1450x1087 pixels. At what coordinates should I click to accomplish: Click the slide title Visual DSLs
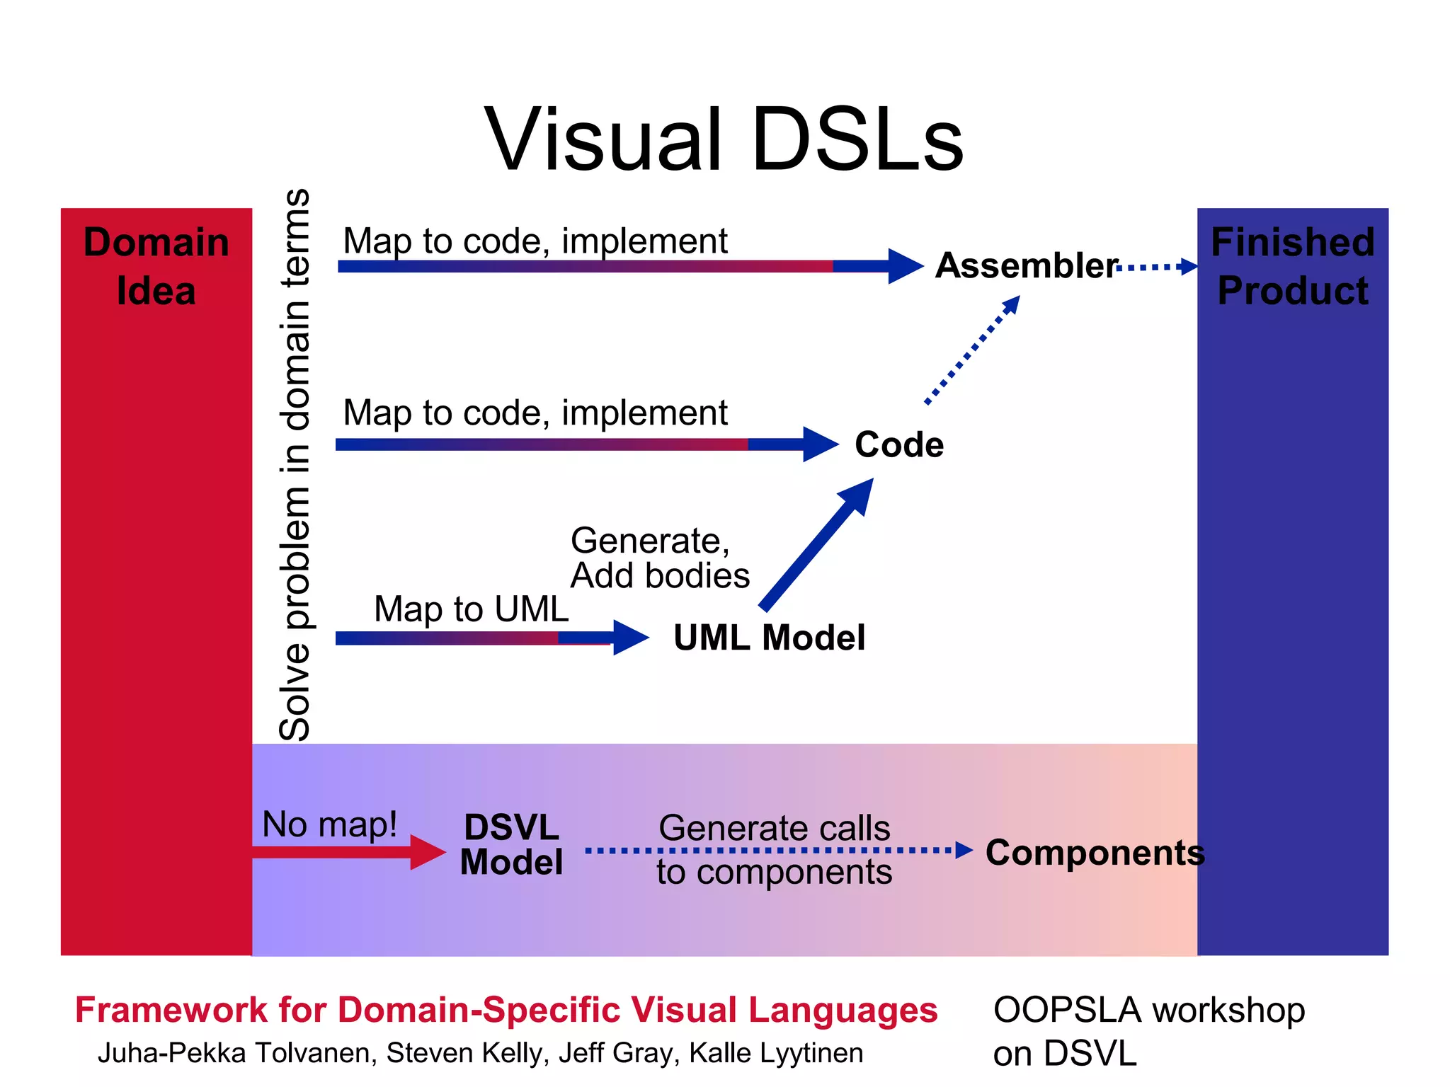click(724, 139)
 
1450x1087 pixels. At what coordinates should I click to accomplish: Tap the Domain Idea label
click(156, 266)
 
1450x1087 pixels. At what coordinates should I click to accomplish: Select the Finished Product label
click(1292, 266)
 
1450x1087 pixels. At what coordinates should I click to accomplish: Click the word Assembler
click(1026, 266)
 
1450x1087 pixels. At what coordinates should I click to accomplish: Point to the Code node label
click(898, 444)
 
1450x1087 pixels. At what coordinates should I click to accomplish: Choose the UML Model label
click(769, 637)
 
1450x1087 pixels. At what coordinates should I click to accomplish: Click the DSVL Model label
click(511, 845)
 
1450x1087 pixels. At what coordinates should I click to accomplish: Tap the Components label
click(1095, 852)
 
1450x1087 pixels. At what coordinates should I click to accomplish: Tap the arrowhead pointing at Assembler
click(905, 266)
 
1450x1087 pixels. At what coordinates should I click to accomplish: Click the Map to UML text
click(471, 609)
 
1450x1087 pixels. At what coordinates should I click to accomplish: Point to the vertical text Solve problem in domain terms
click(295, 464)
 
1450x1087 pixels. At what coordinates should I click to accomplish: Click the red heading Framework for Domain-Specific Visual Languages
click(506, 1009)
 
